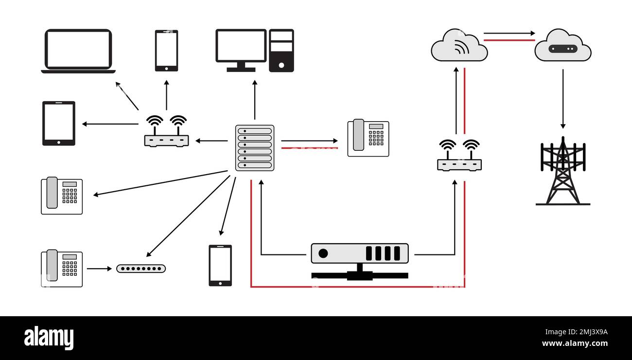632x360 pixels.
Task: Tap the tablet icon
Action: [x=59, y=123]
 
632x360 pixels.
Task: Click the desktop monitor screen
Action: [x=241, y=47]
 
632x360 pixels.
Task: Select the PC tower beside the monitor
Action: [x=281, y=51]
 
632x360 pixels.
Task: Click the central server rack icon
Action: [x=255, y=148]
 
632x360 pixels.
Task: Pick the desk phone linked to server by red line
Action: [x=368, y=138]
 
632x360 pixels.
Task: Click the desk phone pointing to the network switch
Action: [x=62, y=268]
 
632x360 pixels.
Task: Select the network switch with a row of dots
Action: [x=141, y=269]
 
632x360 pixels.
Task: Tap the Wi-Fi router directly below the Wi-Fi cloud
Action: [x=459, y=156]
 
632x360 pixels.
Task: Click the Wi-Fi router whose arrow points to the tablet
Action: [x=166, y=132]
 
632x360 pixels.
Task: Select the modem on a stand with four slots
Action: [x=360, y=260]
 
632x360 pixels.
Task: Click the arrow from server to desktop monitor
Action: [x=255, y=100]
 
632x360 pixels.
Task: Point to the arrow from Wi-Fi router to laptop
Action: [x=127, y=96]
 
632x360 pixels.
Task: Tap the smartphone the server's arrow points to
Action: [x=220, y=265]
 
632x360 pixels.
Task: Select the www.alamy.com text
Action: [x=575, y=343]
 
